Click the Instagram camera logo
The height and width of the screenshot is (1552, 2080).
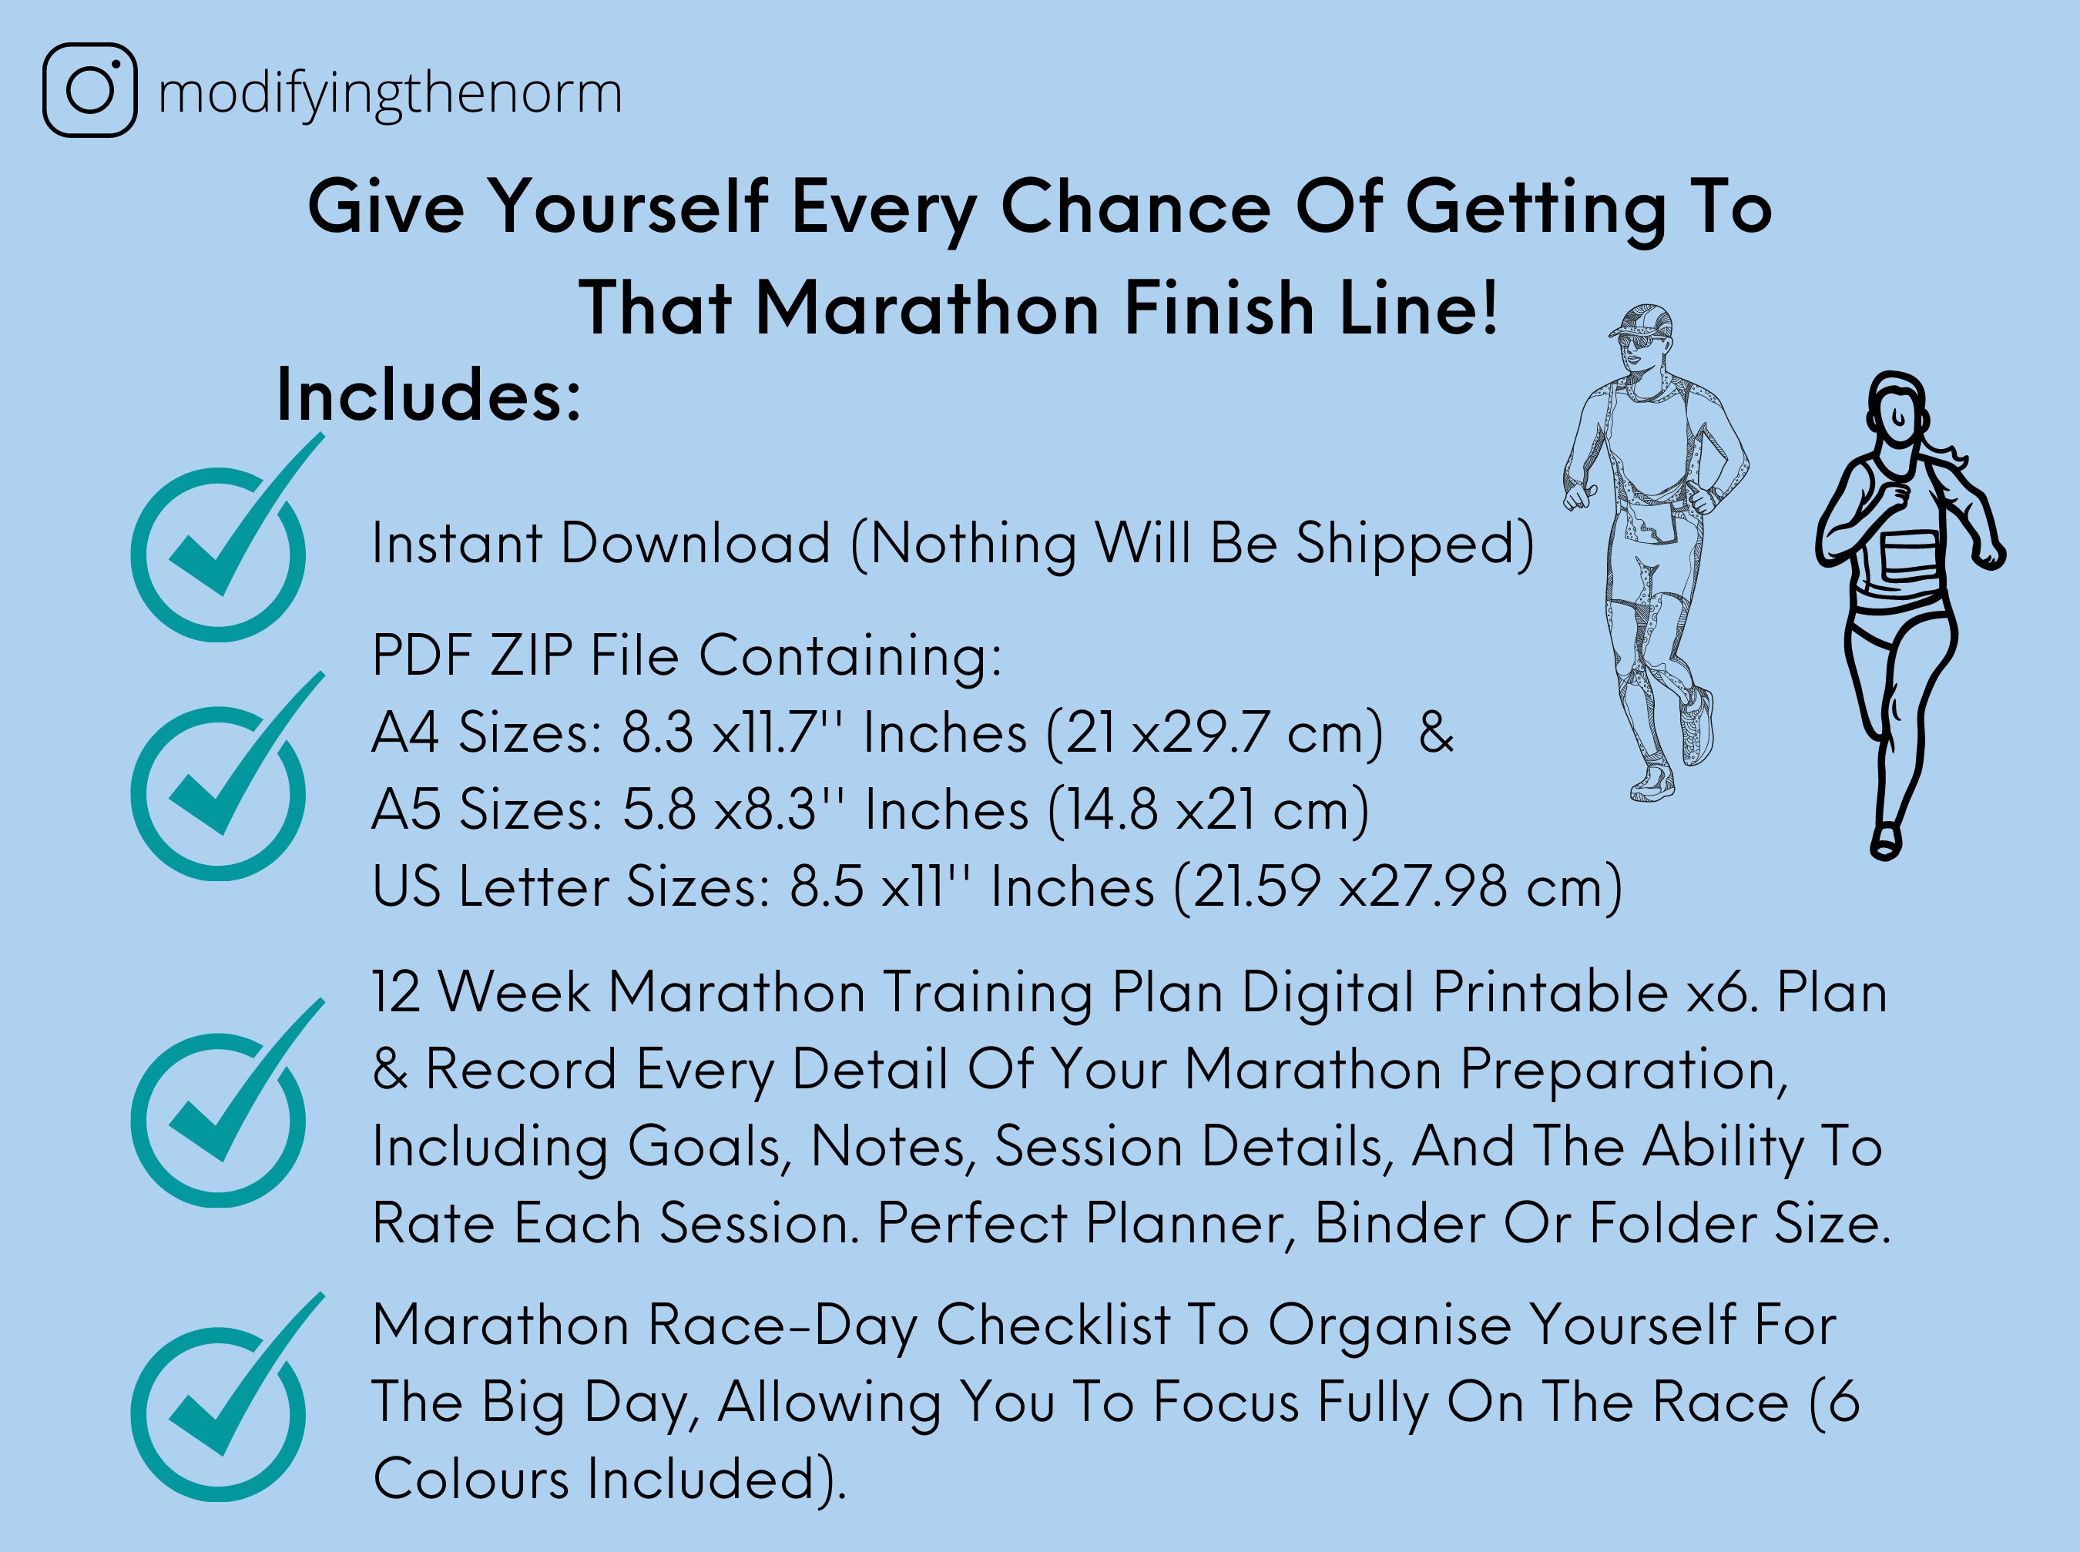(90, 90)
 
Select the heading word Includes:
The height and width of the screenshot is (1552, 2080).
(428, 397)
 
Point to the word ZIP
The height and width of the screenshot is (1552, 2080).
(531, 655)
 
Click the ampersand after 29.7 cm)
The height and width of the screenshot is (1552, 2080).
(1435, 732)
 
